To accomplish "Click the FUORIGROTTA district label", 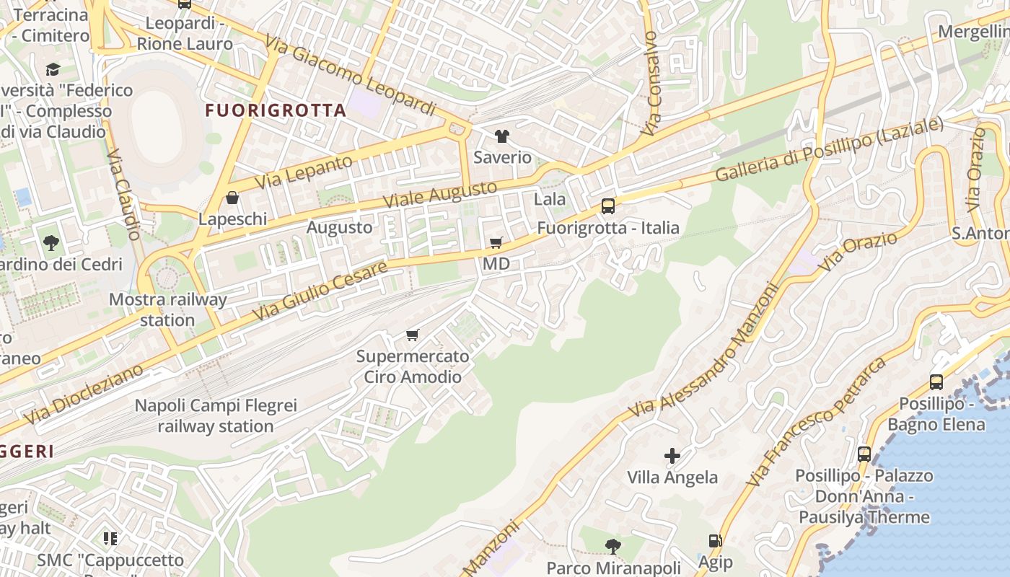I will point(276,110).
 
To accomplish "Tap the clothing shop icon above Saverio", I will point(502,136).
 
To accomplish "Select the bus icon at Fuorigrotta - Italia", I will point(608,206).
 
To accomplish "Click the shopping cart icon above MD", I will point(496,243).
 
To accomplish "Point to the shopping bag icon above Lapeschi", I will point(232,198).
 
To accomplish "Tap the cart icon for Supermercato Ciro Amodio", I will point(413,335).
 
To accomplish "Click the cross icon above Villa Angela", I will point(672,456).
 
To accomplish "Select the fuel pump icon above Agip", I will point(715,541).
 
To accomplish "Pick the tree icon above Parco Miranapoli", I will point(613,546).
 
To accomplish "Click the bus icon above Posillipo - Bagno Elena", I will point(936,382).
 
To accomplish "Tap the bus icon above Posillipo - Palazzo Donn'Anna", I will point(864,454).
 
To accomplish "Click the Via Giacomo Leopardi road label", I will point(351,74).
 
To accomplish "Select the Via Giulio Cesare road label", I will point(320,291).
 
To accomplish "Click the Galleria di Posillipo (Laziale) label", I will point(829,150).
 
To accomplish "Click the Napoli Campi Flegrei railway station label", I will point(216,416).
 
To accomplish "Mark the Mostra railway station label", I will point(167,309).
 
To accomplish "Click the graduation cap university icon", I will point(53,69).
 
